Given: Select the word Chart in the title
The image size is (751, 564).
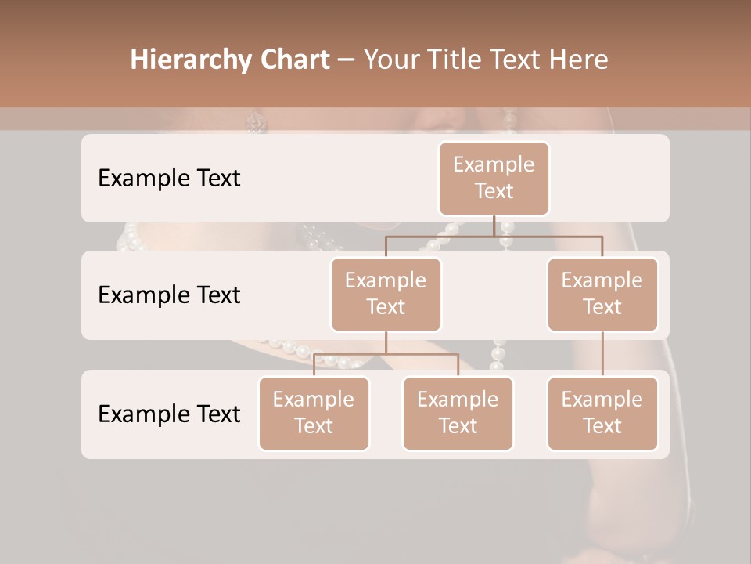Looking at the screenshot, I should [291, 60].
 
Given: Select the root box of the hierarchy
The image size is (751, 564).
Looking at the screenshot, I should [494, 178].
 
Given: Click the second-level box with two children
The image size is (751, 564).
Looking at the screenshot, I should [386, 294].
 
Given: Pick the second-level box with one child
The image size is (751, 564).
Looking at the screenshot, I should [602, 294].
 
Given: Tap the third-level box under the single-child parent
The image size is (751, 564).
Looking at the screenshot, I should [602, 413].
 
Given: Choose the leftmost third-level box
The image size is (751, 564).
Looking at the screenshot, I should [314, 413].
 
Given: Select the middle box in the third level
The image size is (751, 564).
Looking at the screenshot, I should [458, 413].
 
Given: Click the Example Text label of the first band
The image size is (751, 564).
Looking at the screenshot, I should [169, 179].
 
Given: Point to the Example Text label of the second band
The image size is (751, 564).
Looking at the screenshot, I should [169, 295].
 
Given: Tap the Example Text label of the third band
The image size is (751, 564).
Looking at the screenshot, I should [169, 414].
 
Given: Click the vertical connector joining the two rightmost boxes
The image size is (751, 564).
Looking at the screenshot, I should [602, 354].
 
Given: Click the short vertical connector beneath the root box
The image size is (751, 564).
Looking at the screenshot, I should [494, 226].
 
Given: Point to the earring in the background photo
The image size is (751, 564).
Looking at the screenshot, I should [257, 121].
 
